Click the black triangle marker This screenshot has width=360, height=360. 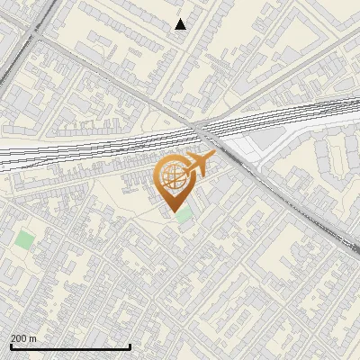pos(180,24)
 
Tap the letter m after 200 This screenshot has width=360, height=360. pos(33,338)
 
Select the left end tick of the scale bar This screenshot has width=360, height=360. pos(11,346)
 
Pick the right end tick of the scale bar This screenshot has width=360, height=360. pos(130,346)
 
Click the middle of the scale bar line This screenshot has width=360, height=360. pos(70,347)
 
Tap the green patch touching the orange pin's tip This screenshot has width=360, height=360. pos(184,215)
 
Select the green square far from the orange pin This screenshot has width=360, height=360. pos(24,239)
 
